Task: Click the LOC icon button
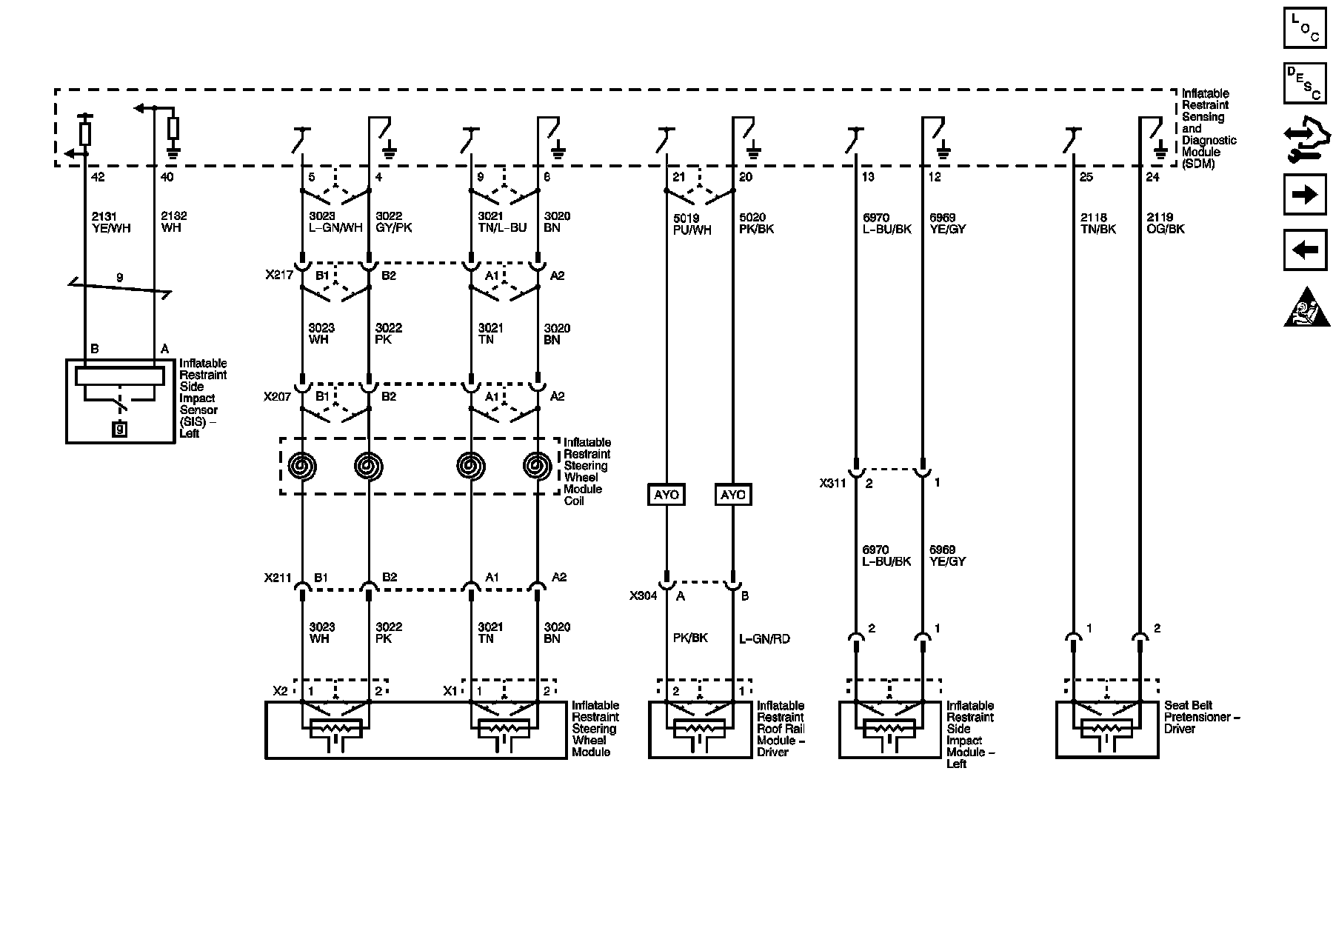(x=1304, y=28)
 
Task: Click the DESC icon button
(x=1304, y=83)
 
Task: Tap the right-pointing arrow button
(x=1304, y=195)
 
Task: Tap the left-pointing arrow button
(x=1304, y=250)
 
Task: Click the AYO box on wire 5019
(x=666, y=495)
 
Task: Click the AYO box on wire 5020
(x=733, y=495)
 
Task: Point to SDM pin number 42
(x=97, y=178)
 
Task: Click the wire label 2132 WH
(x=173, y=222)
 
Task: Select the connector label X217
(x=279, y=276)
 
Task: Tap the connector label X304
(x=644, y=595)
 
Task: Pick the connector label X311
(x=833, y=484)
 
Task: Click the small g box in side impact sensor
(x=120, y=428)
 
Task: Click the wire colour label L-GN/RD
(x=764, y=638)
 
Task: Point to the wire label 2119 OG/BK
(x=1166, y=223)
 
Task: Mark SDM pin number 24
(x=1153, y=178)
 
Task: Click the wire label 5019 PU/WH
(x=692, y=224)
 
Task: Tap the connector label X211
(x=278, y=578)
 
